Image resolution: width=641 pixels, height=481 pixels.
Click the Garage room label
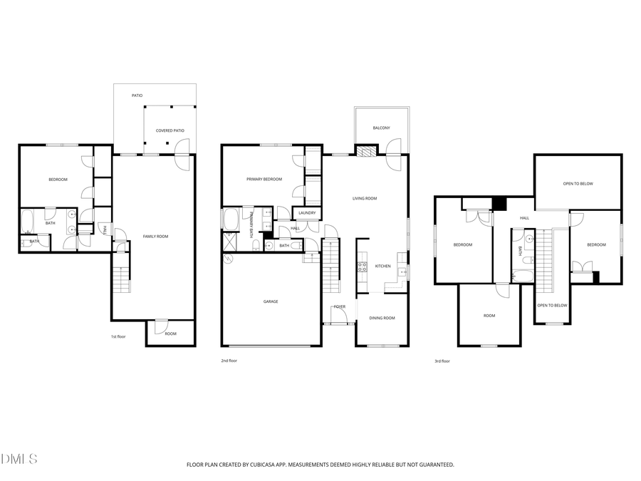271,301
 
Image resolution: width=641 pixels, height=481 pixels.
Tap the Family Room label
155,236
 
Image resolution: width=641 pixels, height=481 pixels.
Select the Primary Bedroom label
264,180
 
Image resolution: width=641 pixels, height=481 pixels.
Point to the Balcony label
381,128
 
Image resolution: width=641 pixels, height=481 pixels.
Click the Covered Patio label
170,130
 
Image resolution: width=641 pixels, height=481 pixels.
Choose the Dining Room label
382,318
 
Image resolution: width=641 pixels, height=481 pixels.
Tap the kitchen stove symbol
361,267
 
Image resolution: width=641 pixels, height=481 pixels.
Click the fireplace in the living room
365,151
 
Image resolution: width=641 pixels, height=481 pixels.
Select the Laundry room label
307,212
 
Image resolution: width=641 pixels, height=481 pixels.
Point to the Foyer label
340,306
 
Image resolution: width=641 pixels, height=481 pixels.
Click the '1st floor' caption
118,336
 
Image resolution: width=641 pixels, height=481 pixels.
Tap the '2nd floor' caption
229,361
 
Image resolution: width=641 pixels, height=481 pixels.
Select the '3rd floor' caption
442,361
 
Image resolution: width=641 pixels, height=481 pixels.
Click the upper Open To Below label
578,184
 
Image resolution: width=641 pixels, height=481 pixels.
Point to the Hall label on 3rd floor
524,218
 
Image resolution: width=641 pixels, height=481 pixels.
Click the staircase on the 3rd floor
545,260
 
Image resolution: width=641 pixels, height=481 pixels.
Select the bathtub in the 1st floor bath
28,221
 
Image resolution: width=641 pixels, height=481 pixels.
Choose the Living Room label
365,199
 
